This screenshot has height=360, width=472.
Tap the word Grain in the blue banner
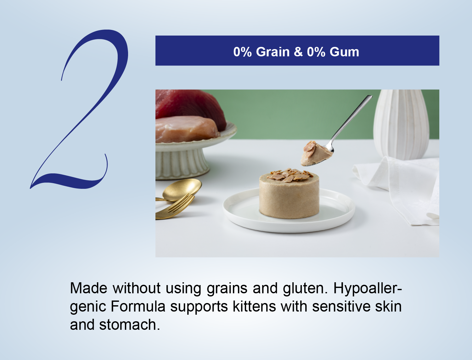click(x=273, y=52)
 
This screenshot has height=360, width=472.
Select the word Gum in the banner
click(x=344, y=52)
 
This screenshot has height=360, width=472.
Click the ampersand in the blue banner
click(x=298, y=52)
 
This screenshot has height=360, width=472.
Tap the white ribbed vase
click(x=401, y=124)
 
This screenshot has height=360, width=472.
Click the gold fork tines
click(x=182, y=203)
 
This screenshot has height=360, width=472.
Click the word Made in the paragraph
click(x=89, y=288)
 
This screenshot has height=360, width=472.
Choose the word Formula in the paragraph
click(x=138, y=307)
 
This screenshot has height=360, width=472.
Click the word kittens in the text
click(x=254, y=307)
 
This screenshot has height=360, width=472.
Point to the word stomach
click(x=130, y=325)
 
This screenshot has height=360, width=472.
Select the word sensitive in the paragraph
click(x=341, y=307)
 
